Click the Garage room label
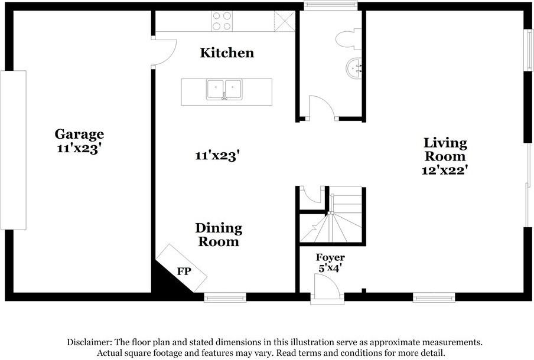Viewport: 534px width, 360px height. coord(79,135)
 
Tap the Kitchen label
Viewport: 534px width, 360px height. coord(227,53)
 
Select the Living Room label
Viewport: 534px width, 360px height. coord(445,150)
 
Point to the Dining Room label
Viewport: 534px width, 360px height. coord(219,235)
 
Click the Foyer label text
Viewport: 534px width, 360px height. coord(330,258)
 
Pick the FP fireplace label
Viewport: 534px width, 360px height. coord(184,271)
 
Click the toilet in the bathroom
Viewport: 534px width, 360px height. coord(347,39)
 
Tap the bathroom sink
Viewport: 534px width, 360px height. coord(354,68)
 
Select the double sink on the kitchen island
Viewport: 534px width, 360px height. coord(224,90)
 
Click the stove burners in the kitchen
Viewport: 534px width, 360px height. coord(222,21)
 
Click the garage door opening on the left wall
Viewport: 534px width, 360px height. coord(14,150)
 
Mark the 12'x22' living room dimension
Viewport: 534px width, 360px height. coord(445,170)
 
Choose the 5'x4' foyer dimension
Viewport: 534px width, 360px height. coord(330,268)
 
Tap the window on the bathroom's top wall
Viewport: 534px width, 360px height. coord(330,6)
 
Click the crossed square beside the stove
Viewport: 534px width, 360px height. coord(284,21)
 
